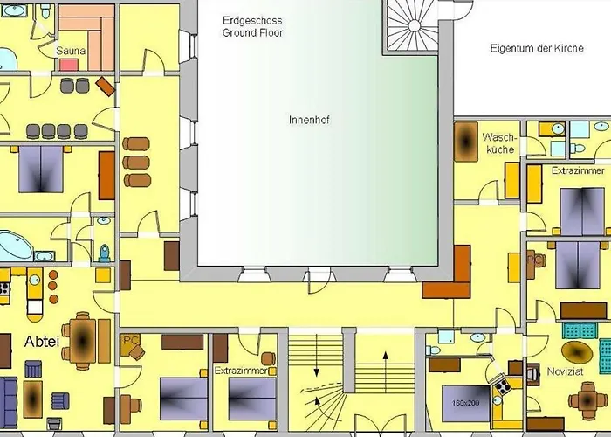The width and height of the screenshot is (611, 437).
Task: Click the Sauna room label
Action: point(71,51)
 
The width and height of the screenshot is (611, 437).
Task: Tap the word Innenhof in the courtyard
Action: point(309,120)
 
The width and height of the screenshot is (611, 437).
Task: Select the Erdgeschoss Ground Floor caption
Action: point(252,26)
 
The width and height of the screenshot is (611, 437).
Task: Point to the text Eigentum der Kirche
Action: point(537,48)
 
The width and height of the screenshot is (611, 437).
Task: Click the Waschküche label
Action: point(499,143)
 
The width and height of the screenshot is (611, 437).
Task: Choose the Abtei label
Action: point(42,342)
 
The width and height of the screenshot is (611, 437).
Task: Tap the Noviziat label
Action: point(565,371)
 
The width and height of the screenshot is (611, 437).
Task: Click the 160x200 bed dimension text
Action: point(465,403)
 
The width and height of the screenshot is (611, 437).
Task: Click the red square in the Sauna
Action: point(69,65)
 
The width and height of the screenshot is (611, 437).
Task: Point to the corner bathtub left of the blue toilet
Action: point(16,246)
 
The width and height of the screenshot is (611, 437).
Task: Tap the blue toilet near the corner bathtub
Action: point(105,253)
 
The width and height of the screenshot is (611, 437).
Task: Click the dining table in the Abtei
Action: point(83,341)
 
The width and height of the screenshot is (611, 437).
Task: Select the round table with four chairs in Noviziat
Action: point(588,400)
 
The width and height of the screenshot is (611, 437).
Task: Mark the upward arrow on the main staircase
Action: point(386,371)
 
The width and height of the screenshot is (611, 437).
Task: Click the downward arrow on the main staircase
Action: point(316,356)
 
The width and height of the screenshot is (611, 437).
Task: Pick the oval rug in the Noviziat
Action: point(577,352)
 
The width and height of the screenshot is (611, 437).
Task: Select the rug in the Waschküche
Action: point(465,142)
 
